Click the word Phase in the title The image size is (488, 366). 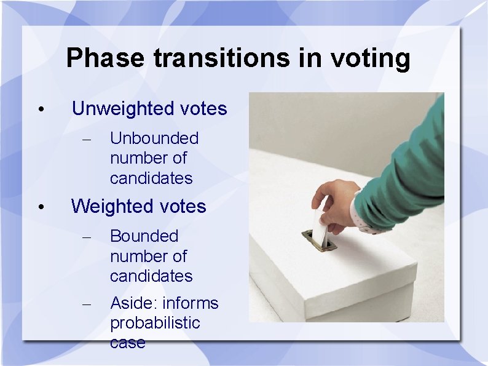pos(105,58)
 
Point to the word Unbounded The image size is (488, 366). pos(154,138)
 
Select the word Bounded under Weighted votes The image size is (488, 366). pos(144,236)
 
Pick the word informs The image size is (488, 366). pos(191,303)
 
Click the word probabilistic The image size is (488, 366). pos(155,323)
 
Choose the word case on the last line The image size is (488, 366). pos(128,343)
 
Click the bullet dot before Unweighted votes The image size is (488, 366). pos(40,110)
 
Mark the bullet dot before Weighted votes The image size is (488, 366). pos(40,207)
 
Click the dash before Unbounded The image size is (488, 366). pos(87,140)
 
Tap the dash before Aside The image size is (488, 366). pos(87,304)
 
